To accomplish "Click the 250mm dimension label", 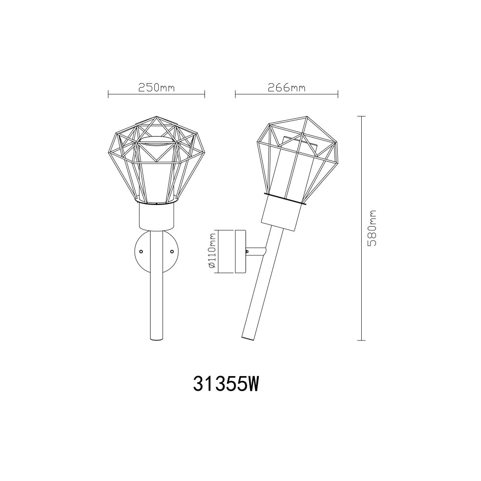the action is click(x=156, y=88).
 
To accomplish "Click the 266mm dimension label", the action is click(x=287, y=88).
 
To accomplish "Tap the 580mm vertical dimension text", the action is click(x=372, y=228).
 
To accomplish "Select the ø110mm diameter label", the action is click(x=212, y=251).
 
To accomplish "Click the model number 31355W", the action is click(x=226, y=384).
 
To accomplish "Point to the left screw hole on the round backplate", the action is click(x=141, y=251).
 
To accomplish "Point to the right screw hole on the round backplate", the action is click(x=172, y=251).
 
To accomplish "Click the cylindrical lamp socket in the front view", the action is click(x=156, y=216).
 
